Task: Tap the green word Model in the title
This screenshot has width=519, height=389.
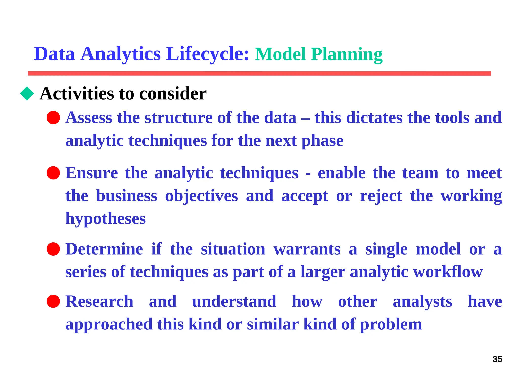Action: click(280, 54)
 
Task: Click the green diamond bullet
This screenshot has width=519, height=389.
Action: click(27, 93)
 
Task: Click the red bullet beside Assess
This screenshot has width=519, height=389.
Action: click(53, 118)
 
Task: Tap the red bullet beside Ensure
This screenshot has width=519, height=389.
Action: click(53, 173)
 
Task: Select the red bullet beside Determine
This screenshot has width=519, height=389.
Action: click(53, 249)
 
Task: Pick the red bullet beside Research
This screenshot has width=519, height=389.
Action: click(53, 301)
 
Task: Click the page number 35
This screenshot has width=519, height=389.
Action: click(497, 359)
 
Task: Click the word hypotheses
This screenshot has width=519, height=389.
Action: click(105, 219)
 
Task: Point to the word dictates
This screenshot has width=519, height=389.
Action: click(374, 118)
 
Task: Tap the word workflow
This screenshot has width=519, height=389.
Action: click(448, 272)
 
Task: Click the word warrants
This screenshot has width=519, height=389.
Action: click(307, 249)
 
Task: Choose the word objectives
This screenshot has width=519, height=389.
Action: click(201, 196)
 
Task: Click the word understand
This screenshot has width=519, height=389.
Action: click(234, 301)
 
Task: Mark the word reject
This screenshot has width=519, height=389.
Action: click(381, 196)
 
